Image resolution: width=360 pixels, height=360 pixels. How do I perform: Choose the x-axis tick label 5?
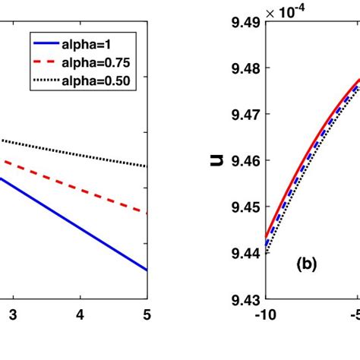click(147, 313)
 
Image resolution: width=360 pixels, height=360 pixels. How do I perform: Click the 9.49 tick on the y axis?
click(238, 22)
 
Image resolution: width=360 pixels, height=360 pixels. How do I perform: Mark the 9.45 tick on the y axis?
click(238, 207)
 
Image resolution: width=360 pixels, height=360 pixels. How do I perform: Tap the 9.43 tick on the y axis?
click(238, 299)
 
